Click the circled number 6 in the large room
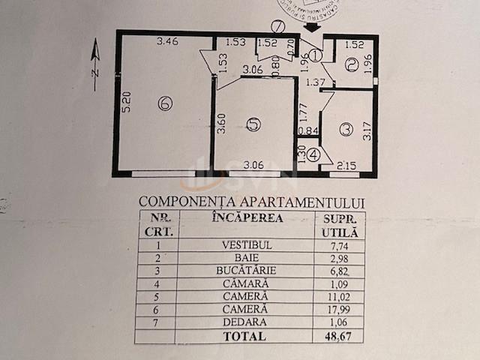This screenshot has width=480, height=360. pos(165,103)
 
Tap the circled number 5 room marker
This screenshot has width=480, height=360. pos(253,125)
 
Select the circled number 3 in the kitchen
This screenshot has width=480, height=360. pos(345,130)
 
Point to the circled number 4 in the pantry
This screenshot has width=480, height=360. pos(313,156)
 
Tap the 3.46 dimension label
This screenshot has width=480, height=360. pos(166,42)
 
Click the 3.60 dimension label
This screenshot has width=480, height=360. pos(221,122)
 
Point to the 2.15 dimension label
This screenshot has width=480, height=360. pos(346,165)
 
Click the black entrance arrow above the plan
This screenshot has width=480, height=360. pos(312,26)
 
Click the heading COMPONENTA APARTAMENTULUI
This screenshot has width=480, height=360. pos(252,202)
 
